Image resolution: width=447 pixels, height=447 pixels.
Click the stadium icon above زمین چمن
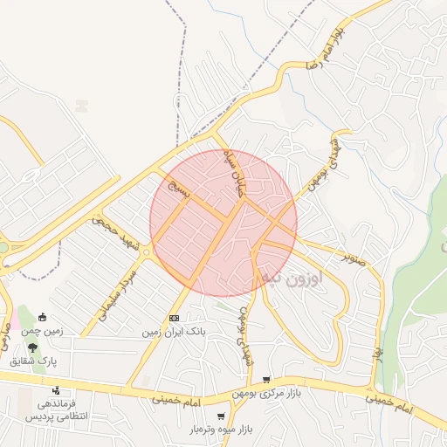[41, 318]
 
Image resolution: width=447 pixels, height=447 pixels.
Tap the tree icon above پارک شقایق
[32, 347]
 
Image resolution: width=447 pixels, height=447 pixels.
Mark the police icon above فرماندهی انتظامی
[57, 390]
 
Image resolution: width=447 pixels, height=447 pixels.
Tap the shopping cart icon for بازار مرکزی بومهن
[266, 380]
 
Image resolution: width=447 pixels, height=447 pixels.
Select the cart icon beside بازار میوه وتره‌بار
[221, 416]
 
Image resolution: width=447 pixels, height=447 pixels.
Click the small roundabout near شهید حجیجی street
[147, 253]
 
